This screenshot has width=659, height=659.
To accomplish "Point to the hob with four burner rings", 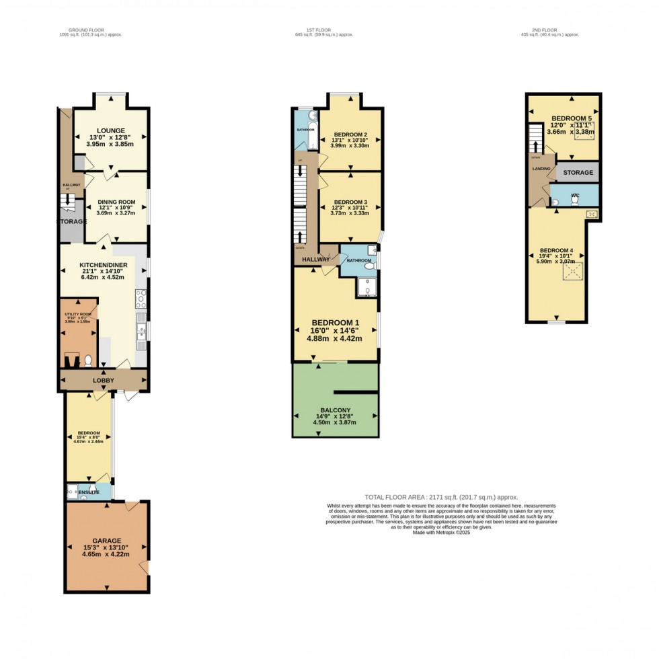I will (141, 297).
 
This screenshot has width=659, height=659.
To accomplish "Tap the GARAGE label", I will (107, 541).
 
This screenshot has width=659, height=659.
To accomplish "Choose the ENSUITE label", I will (89, 492).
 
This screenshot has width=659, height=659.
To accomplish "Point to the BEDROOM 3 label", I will (350, 202).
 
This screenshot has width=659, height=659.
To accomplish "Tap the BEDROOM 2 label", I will (350, 134).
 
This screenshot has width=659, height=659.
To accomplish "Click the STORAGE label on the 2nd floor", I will (578, 173).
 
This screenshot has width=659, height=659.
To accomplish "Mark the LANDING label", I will (541, 169).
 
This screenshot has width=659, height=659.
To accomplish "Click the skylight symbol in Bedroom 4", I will (574, 272).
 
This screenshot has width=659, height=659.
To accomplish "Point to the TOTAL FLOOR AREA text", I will (440, 497).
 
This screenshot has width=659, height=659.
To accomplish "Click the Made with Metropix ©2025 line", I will (441, 533).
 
